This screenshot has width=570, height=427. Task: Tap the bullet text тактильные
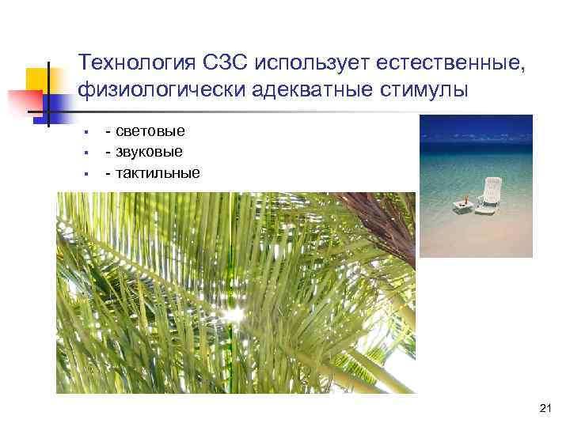click(x=158, y=172)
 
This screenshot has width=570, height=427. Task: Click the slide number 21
click(x=544, y=408)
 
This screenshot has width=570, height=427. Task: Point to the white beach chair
click(x=490, y=195)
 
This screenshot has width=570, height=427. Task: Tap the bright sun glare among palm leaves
click(x=233, y=316)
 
